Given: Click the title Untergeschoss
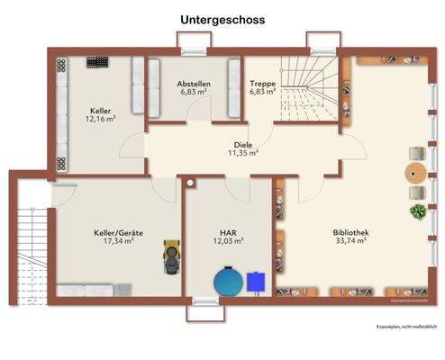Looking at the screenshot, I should [222, 18].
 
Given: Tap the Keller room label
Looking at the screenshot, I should [100, 110].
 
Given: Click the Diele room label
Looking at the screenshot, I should [242, 144].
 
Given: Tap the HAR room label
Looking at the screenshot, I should [228, 232].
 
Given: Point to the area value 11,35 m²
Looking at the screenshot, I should [242, 153].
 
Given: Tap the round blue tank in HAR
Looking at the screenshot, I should [229, 281].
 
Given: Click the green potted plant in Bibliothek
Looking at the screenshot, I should [418, 212].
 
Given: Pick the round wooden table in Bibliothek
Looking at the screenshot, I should [415, 171].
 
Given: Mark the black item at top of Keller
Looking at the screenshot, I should [96, 63].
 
